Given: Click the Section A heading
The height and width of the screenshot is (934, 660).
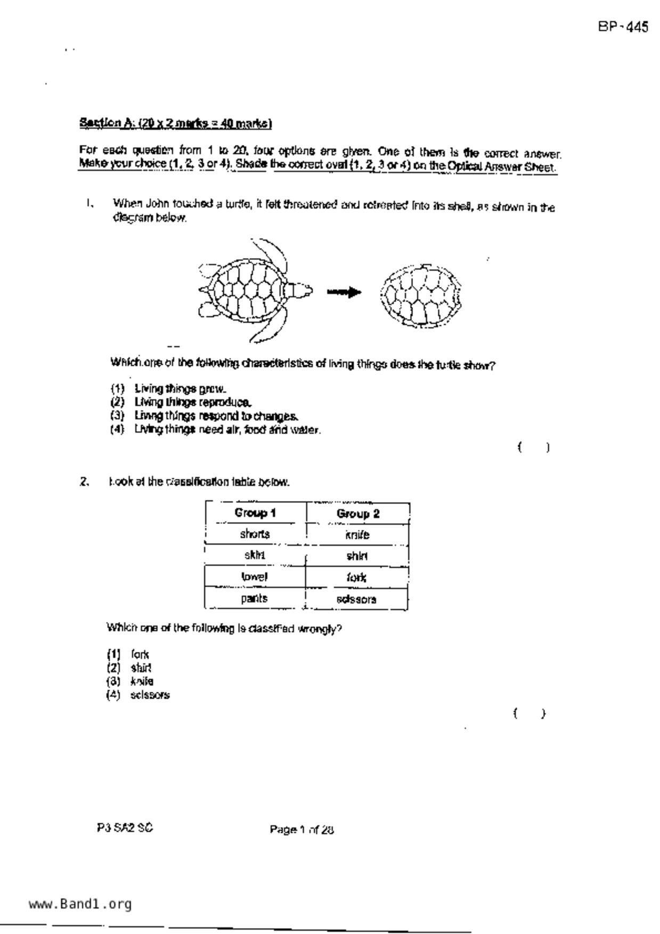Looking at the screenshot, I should tap(175, 124).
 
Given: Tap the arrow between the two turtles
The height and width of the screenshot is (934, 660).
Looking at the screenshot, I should tap(344, 292).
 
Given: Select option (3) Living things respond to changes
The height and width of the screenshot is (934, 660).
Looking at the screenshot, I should tap(216, 416).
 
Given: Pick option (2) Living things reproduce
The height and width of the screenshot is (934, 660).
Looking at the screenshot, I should tap(192, 402).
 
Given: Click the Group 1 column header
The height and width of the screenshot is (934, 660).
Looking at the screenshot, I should tap(255, 513).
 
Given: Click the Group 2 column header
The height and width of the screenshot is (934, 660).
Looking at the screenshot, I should tap(357, 514).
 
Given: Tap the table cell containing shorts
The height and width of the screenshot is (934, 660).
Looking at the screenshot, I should tap(255, 534).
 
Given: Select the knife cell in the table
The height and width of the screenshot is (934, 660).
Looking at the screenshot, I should tap(357, 535).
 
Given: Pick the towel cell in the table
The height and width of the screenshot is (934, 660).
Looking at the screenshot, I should tap(254, 577).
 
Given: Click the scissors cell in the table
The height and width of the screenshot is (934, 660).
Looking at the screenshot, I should tap(356, 599).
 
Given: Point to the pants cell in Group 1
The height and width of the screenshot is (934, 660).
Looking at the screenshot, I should tap(254, 599).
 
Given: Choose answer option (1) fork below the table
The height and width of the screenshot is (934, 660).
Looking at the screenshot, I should tap(140, 654).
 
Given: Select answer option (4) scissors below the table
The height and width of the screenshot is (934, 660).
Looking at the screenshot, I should tap(150, 695).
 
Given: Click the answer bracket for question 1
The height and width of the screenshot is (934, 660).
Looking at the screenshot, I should tap(533, 447).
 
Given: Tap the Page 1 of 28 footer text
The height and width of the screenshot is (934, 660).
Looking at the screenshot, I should tap(302, 829).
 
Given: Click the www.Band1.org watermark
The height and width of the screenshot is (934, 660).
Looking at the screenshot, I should tap(80, 904).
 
